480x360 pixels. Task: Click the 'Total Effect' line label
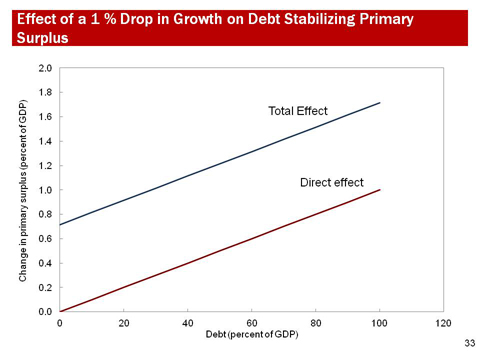[296, 110]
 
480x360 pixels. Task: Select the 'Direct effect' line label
[331, 182]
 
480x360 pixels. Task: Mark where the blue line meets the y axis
[60, 224]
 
